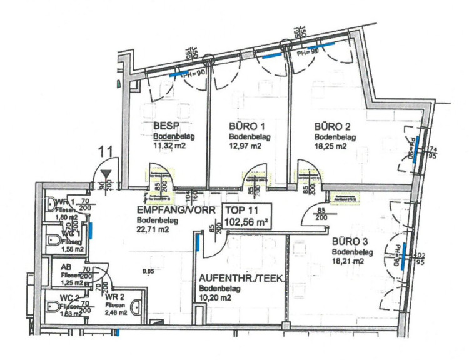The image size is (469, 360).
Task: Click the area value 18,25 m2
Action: click(330, 147)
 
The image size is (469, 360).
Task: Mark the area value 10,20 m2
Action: click(216, 299)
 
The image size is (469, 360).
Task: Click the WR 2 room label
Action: click(115, 296)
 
